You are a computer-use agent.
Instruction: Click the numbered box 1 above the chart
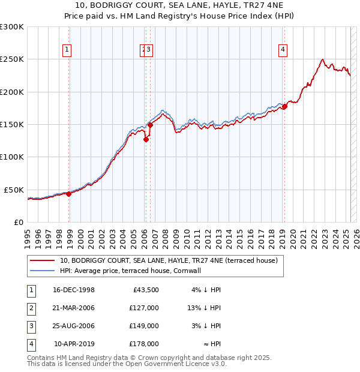67,50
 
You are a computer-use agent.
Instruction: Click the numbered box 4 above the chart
282,50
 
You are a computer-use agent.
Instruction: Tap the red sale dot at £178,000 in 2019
285,106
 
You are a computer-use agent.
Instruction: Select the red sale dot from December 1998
69,194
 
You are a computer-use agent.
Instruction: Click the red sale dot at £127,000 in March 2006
146,139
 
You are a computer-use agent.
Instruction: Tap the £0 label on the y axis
18,222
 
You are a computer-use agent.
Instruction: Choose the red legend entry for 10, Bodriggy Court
169,261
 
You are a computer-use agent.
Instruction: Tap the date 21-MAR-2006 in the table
74,308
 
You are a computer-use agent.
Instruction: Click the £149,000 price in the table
144,326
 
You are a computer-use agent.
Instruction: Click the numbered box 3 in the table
30,326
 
